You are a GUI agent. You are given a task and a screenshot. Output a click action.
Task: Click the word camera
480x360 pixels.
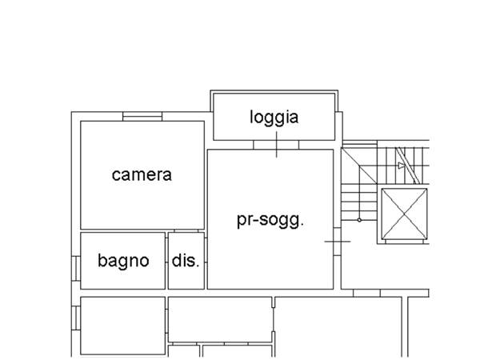pos(142,174)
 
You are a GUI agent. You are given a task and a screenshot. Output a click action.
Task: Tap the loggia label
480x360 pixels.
pos(274,118)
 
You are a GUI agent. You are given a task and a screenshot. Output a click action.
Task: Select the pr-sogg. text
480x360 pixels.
pos(270,220)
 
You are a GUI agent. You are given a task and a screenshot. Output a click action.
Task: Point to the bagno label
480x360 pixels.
pos(123,261)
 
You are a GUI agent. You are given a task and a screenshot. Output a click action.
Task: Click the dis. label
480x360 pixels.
pos(186,261)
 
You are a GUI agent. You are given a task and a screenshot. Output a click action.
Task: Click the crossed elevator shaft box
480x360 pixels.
pos(404,214)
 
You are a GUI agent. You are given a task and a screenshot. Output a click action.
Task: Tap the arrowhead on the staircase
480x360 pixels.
pos(402,166)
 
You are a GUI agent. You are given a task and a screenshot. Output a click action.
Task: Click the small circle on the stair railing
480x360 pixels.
pos(359,220)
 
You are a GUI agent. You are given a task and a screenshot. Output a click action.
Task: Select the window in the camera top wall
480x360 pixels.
pos(142,117)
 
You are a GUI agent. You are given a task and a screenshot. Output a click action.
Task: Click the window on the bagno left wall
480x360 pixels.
pos(76,269)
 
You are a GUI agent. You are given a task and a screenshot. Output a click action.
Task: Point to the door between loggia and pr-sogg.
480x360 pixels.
pos(276,145)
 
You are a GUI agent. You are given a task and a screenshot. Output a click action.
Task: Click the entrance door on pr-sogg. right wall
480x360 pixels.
pos(337,242)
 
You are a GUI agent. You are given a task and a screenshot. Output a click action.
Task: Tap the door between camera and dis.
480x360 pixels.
pos(186,231)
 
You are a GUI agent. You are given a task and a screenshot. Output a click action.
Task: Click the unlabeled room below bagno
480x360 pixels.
pos(122,326)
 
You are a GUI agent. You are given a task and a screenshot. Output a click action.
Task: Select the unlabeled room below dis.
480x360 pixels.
pos(220,319)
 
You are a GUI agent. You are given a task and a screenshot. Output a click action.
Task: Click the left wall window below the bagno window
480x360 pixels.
pos(76,318)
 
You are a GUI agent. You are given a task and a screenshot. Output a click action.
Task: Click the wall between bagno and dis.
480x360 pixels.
pos(167,261)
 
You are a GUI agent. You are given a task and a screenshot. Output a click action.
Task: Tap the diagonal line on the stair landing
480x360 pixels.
pos(359,166)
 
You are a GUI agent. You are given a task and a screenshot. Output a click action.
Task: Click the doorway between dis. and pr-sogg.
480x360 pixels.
pos(206,250)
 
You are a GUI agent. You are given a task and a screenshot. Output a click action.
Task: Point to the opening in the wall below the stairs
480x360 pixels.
pos(366,293)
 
